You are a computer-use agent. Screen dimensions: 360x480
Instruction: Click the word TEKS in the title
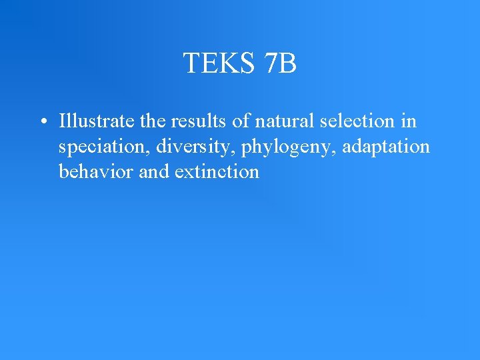click(x=215, y=63)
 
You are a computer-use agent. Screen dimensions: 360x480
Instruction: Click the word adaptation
click(x=387, y=147)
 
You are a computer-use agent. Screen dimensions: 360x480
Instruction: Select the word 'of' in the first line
click(x=221, y=121)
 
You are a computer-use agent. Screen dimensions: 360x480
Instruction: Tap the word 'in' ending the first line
click(x=409, y=121)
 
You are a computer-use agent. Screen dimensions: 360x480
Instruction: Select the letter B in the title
click(x=288, y=63)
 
